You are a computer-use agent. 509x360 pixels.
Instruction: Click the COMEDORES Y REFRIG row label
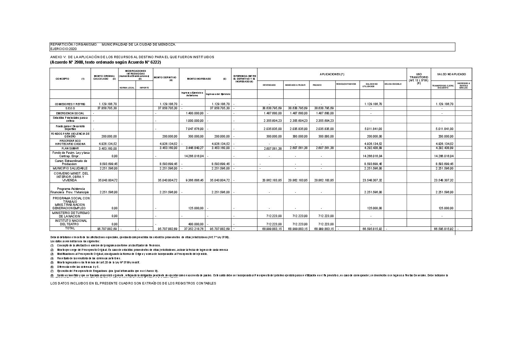70,104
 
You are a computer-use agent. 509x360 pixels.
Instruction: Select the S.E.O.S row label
70,108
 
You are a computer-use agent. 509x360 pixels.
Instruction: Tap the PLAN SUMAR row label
70,148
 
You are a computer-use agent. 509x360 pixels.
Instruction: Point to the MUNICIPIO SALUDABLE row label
70,168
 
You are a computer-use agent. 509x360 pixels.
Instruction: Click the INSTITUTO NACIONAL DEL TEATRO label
70,223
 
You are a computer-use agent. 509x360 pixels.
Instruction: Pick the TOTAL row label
70,229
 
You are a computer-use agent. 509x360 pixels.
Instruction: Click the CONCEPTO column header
63,79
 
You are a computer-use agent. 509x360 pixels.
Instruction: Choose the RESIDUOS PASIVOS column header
346,84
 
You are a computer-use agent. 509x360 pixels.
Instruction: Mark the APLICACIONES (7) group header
332,74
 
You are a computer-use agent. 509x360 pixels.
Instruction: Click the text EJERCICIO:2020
64,49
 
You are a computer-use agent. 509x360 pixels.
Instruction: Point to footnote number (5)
52,262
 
